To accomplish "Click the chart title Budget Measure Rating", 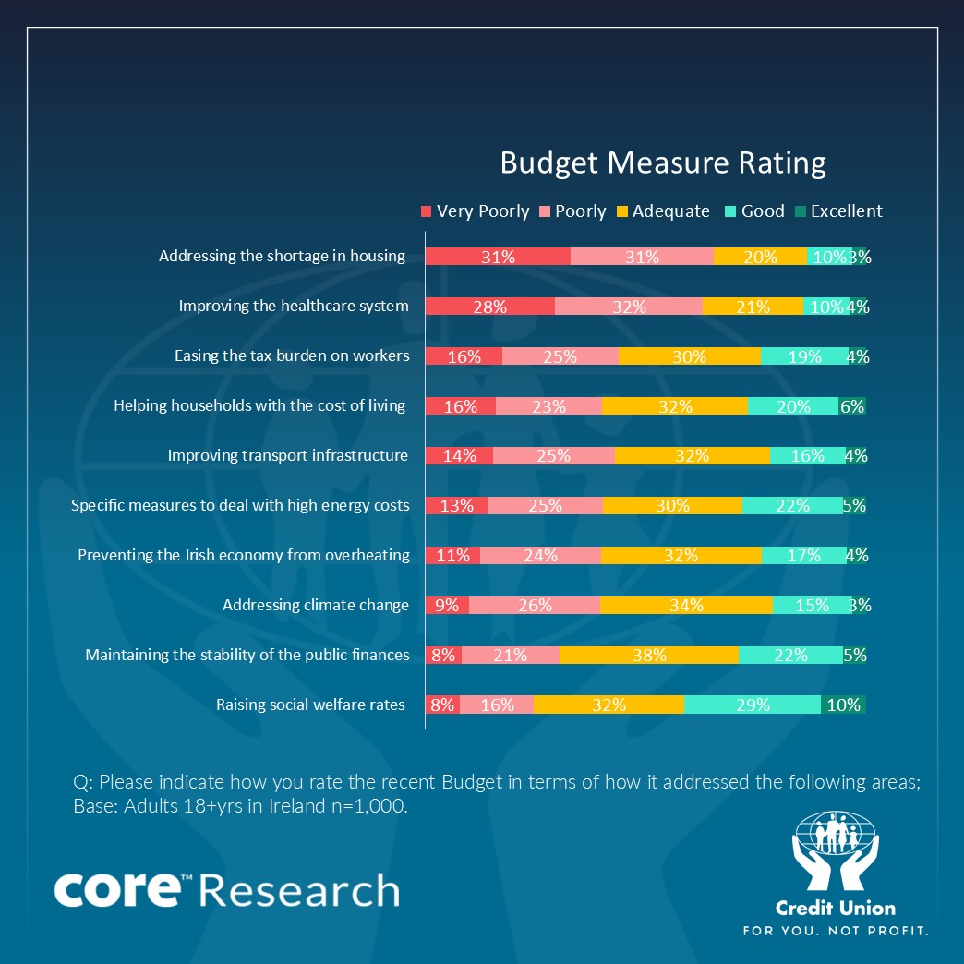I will tap(662, 163).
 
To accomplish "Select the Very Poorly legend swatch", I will tap(426, 211).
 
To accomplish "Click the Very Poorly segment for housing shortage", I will tap(498, 257).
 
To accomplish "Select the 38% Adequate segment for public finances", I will tap(649, 656).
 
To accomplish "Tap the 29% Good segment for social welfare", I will tap(753, 705).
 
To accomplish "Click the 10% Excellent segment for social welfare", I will tap(843, 705).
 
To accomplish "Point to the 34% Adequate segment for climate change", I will tap(686, 606).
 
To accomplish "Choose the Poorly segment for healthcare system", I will tap(629, 307).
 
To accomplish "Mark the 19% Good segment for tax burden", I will tap(804, 356).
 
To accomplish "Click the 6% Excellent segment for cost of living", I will tap(851, 406).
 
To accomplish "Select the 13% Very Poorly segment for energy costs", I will tap(456, 506).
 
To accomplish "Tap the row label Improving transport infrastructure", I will tap(287, 455).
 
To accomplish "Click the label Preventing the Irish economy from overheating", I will tap(244, 555).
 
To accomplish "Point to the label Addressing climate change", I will tap(316, 605).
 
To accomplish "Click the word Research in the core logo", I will tap(298, 891).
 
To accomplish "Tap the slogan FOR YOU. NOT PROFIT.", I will tap(835, 929).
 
